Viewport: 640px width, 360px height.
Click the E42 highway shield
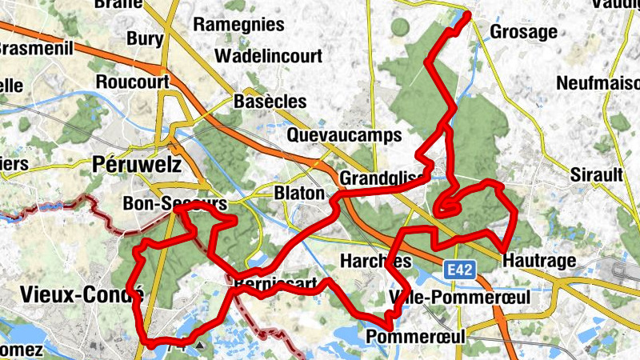pyautogui.click(x=459, y=270)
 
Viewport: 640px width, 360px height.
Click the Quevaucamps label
pyautogui.click(x=343, y=134)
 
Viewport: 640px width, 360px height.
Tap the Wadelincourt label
pyautogui.click(x=268, y=56)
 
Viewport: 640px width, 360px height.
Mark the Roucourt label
pyautogui.click(x=133, y=82)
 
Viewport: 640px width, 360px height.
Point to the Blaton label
pyautogui.click(x=299, y=194)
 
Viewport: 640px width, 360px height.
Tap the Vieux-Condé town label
pyautogui.click(x=77, y=294)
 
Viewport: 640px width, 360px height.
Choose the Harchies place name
pyautogui.click(x=375, y=262)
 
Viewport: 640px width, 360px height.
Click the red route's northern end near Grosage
pyautogui.click(x=466, y=15)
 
